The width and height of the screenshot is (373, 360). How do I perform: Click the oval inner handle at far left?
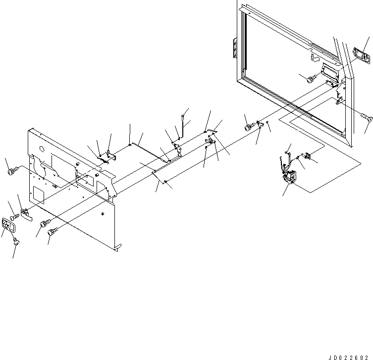tap(9, 227)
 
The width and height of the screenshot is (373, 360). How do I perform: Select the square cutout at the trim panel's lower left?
tap(38, 195)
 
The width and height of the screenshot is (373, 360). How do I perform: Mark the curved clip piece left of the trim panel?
tap(28, 214)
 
